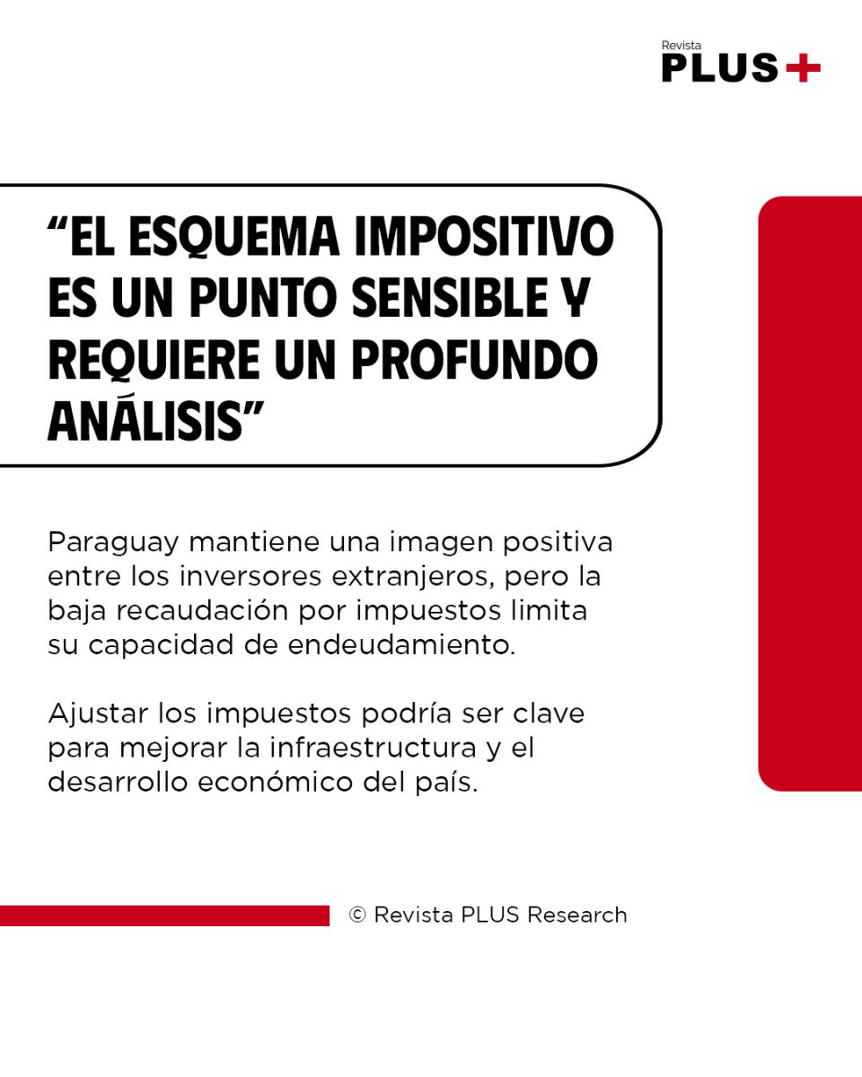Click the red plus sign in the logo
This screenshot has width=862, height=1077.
tap(803, 67)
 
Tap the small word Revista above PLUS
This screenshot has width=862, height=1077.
tap(682, 46)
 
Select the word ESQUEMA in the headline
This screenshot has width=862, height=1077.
tap(234, 237)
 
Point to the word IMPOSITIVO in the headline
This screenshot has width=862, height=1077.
tap(484, 236)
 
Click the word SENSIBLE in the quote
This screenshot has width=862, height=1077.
tap(450, 298)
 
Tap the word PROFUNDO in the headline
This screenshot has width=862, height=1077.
tap(475, 360)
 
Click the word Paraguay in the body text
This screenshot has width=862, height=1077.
tap(113, 544)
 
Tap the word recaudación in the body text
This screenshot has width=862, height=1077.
tap(202, 611)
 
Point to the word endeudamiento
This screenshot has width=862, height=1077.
tap(401, 644)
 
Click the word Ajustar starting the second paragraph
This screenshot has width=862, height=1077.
tap(98, 714)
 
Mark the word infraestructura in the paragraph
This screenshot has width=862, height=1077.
tap(374, 748)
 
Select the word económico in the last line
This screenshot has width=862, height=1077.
tap(276, 782)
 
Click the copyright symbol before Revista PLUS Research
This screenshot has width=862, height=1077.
tap(357, 915)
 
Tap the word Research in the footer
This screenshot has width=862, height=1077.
tap(577, 915)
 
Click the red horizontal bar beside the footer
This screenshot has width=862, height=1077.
tap(165, 915)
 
